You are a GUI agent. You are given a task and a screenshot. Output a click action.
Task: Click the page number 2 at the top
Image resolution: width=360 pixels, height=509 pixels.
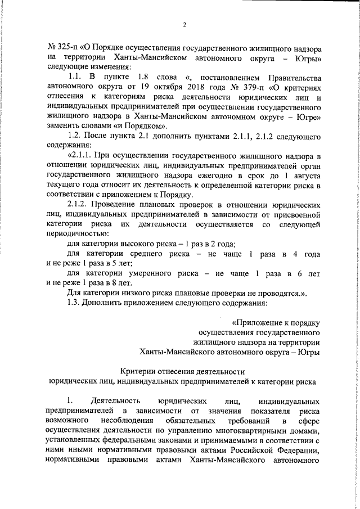coord(184,24)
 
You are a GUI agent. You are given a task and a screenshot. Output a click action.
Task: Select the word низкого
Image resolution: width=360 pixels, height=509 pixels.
coord(147,292)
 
